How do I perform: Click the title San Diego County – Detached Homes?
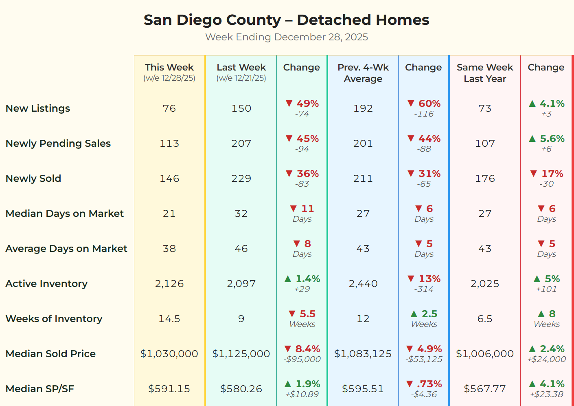286,20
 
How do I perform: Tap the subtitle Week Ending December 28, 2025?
286,37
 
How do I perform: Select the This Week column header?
169,68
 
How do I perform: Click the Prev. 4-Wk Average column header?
363,73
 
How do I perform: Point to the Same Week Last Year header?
484,73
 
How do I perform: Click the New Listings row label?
38,108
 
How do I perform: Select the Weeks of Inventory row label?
54,319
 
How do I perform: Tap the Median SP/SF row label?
40,389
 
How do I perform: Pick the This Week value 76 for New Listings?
169,108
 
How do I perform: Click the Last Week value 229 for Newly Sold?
241,179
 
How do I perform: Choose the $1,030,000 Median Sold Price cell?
169,354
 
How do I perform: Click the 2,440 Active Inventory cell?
363,284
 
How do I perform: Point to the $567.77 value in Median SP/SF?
484,389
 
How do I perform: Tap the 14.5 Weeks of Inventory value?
169,319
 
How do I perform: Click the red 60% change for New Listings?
429,104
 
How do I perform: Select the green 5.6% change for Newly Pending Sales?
552,139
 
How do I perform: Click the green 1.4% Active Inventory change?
307,279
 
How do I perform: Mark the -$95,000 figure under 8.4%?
302,359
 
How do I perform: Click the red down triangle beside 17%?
533,174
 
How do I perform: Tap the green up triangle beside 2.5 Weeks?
414,314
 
